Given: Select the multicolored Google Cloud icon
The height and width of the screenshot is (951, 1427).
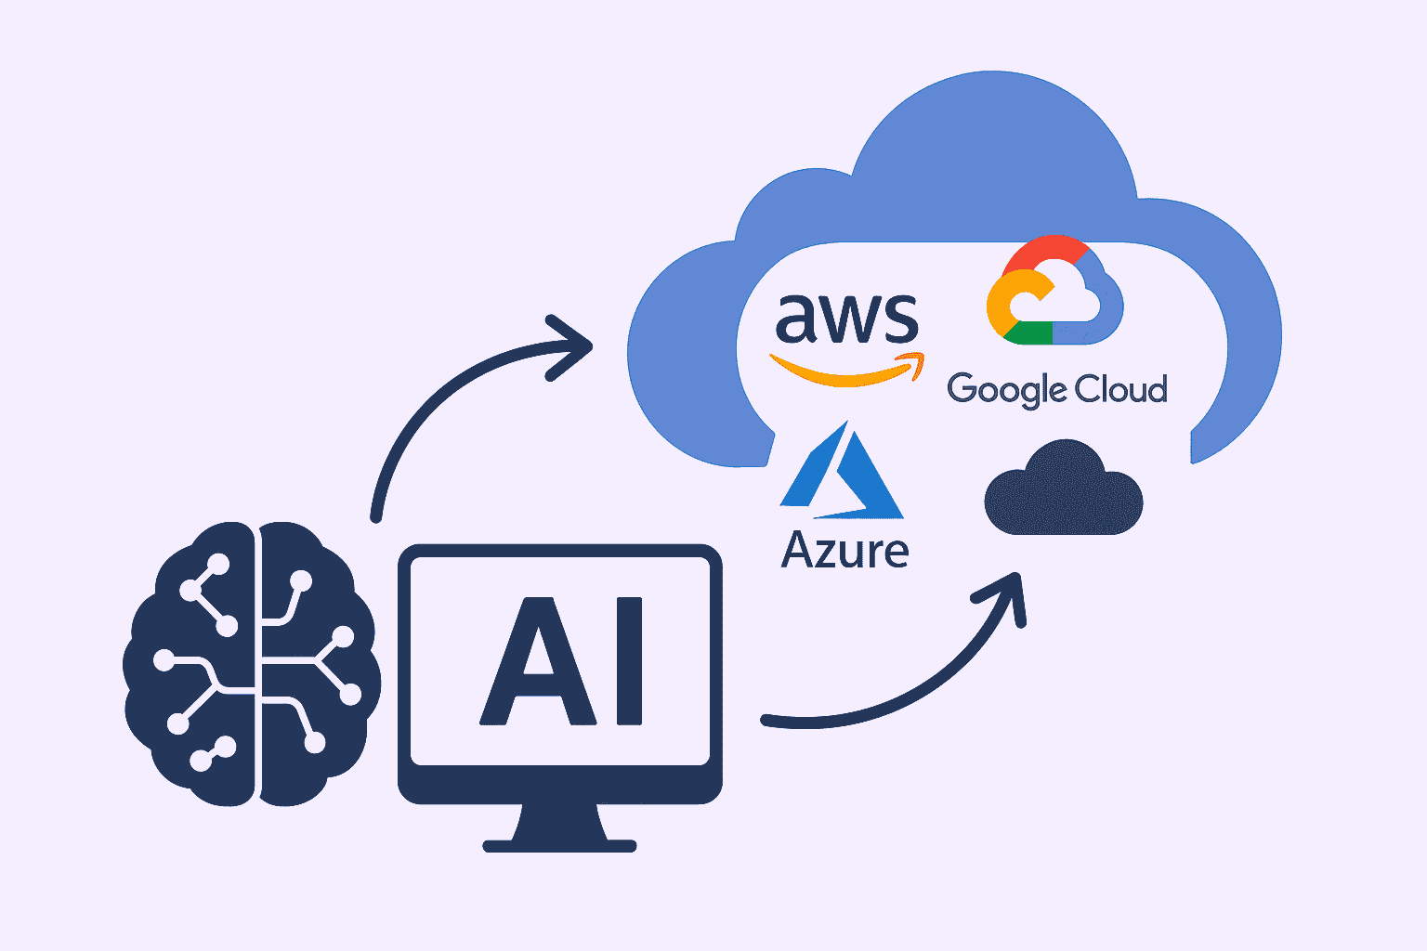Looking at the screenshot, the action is point(1054,292).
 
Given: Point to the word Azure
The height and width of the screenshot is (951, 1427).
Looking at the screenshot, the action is point(844,550).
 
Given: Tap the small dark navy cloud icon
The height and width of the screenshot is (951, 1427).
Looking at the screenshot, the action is point(1063,492).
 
